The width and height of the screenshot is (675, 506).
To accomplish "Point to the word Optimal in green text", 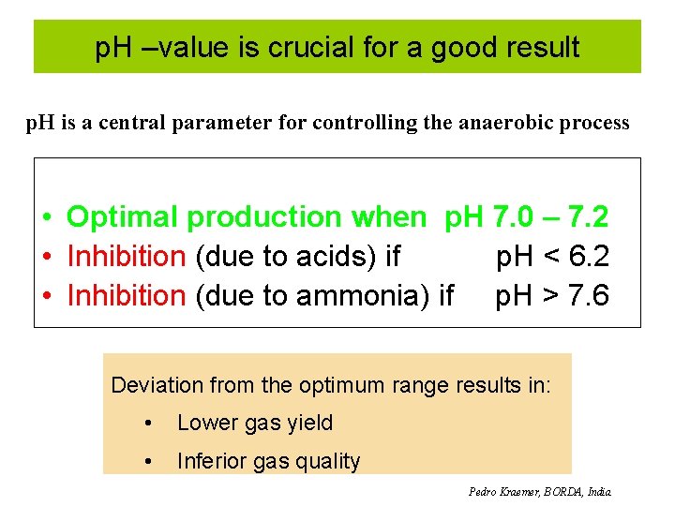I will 123,217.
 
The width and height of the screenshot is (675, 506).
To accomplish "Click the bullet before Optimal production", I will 46,218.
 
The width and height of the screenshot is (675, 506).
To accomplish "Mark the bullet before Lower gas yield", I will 148,424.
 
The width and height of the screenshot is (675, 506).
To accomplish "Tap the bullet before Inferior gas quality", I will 148,461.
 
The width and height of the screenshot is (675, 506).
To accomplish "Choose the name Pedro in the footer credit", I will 484,491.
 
